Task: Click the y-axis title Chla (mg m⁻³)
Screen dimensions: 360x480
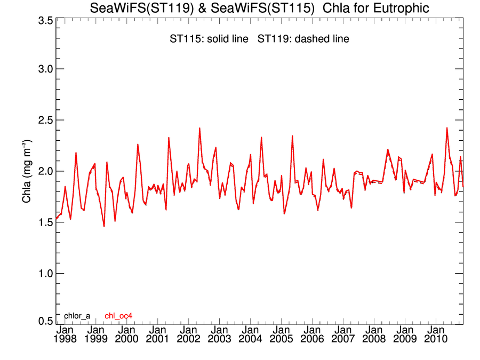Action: [26, 171]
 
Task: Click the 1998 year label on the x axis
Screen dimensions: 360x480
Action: [65, 339]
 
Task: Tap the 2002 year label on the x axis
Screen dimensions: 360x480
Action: [189, 339]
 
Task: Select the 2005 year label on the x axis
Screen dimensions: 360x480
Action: [281, 339]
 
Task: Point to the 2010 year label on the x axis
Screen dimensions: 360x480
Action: [436, 339]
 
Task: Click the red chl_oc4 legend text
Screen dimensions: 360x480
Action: [118, 316]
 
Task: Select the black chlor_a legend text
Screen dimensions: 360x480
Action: [77, 316]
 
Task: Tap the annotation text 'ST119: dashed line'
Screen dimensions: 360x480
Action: [303, 39]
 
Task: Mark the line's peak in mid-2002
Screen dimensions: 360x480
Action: [199, 128]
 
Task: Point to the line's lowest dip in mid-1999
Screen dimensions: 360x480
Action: [104, 226]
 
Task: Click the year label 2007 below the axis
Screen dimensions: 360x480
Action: [343, 339]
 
